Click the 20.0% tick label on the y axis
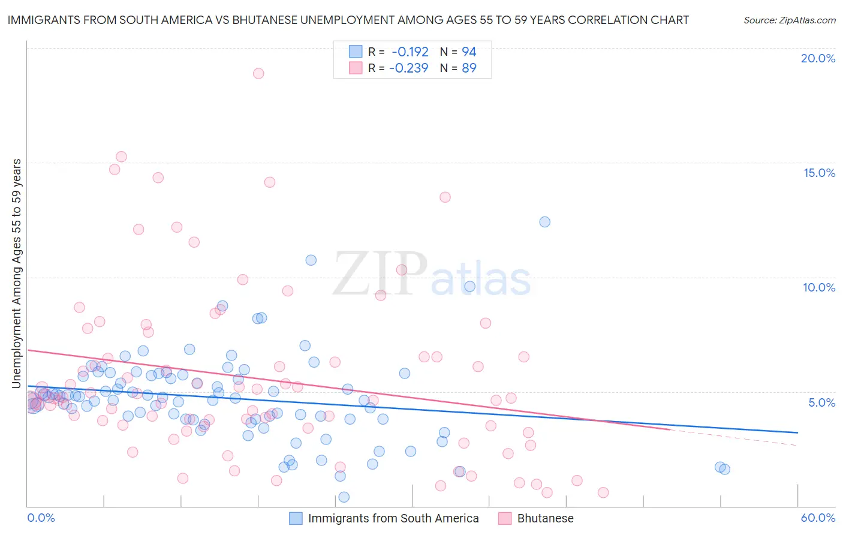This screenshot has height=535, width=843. pos(818,58)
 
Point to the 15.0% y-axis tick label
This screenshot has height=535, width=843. pos(819,173)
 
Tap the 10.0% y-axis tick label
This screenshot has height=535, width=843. pos(819,287)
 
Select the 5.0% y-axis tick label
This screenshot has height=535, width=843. pos(821,402)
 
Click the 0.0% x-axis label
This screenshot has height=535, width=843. pos(41,518)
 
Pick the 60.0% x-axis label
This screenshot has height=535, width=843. pos(818,518)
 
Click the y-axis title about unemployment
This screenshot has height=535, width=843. pos(16,273)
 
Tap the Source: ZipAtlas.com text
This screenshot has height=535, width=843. pos(789,20)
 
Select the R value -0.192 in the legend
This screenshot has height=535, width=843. pos(410,52)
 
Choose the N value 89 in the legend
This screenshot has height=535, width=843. pos(469,68)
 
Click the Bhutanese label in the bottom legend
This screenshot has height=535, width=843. pos(545,518)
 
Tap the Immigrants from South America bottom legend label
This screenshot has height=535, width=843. pos(393,518)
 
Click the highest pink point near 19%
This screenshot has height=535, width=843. pos(258,73)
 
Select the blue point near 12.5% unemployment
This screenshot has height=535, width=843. pos(544,222)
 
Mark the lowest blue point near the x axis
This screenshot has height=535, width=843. pos(344,497)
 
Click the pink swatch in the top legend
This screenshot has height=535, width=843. pos(356,68)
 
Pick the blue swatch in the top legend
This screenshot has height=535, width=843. pos(356,52)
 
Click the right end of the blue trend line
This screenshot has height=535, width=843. pos(797,432)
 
